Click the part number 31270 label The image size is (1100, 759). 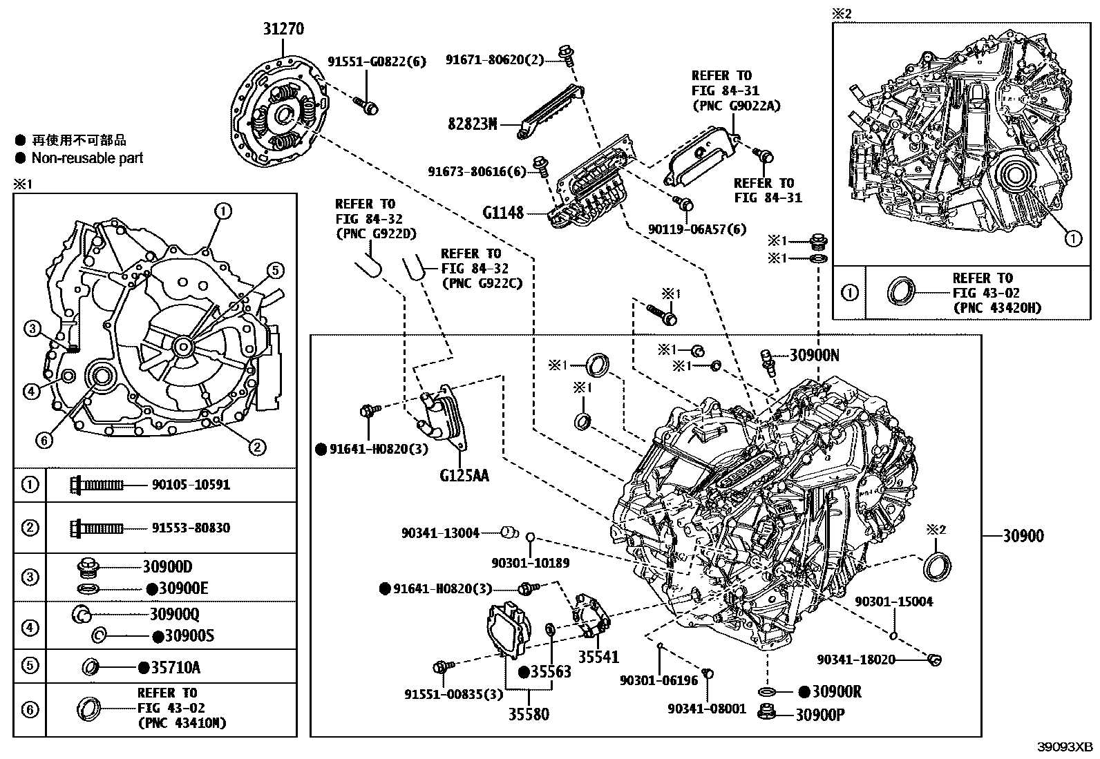283,29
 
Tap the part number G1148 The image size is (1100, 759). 503,213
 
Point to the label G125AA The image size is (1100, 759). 464,475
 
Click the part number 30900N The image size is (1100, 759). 814,356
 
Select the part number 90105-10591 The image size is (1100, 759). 191,485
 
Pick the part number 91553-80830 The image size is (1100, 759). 191,528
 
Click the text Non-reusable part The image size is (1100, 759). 87,158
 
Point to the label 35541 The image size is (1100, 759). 598,657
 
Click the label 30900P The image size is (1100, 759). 819,715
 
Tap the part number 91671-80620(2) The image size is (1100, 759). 495,61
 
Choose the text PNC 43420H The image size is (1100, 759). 996,308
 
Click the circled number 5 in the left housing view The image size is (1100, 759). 274,270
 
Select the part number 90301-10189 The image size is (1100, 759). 531,563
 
